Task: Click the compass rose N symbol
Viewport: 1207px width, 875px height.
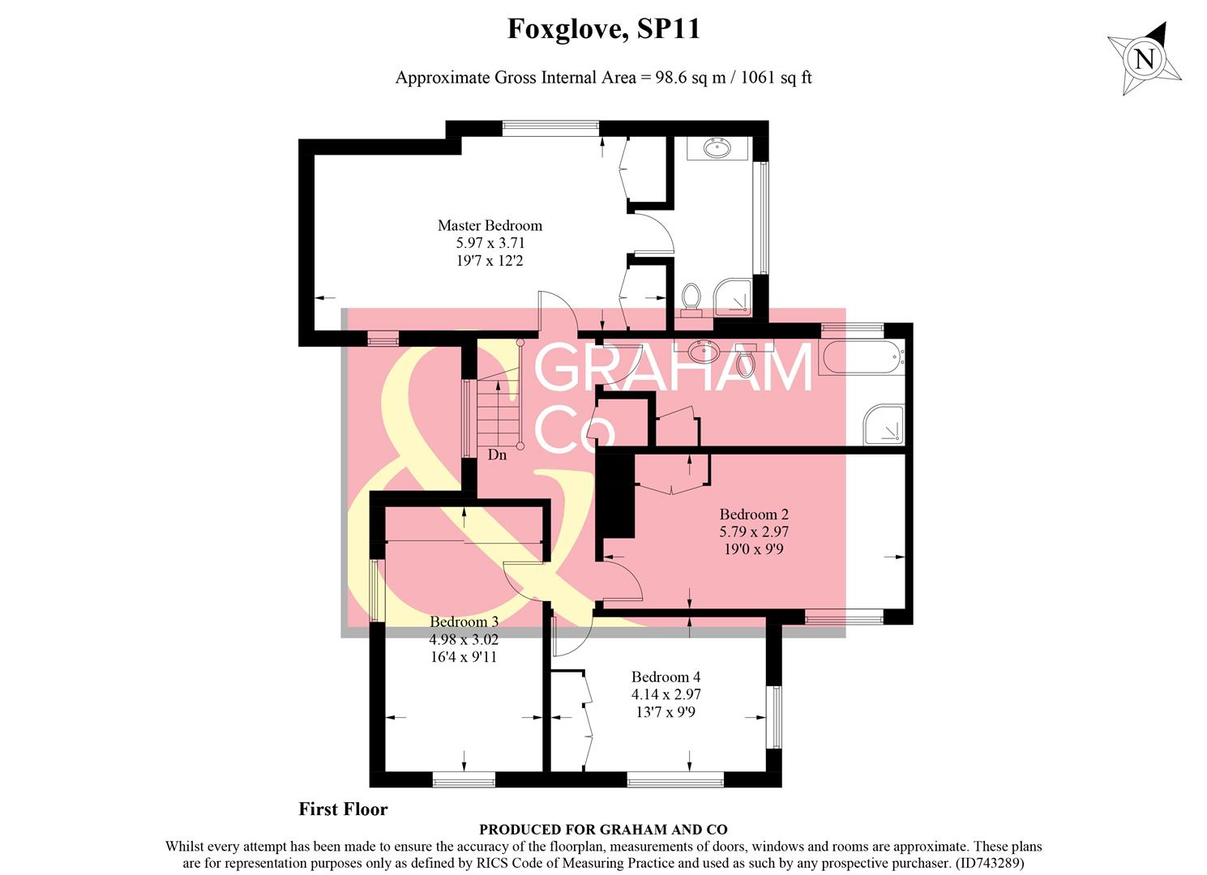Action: (1144, 59)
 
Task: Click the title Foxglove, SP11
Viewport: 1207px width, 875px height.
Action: (603, 29)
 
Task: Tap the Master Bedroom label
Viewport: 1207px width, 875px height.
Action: (490, 225)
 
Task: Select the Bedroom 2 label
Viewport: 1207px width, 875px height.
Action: (754, 514)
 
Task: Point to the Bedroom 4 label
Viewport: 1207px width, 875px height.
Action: (666, 677)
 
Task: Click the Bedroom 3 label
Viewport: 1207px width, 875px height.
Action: (464, 621)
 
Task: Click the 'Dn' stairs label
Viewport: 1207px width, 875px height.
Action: (497, 455)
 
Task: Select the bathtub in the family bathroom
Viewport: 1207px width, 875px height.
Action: (861, 356)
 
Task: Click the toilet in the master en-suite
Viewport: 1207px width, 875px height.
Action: (691, 297)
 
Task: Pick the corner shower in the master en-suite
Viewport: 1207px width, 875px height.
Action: (734, 298)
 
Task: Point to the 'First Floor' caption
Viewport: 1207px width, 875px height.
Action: (343, 809)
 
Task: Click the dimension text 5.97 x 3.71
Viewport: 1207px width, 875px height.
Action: (490, 243)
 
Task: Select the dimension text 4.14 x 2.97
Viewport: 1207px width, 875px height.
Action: (666, 694)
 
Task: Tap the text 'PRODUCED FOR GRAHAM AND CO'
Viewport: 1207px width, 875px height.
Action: (603, 830)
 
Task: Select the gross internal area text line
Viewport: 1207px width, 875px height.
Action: (603, 78)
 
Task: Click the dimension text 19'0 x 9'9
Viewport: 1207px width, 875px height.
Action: (754, 549)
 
